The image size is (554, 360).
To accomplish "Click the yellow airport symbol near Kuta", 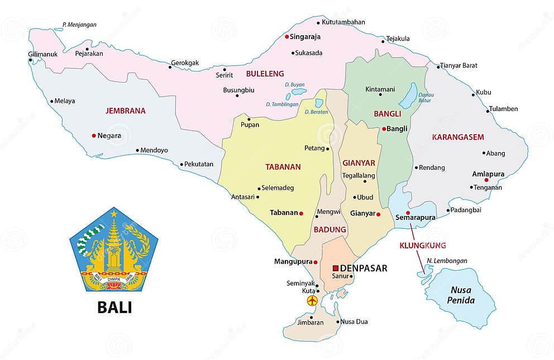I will (x=312, y=301).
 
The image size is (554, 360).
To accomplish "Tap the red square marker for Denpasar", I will (x=336, y=268).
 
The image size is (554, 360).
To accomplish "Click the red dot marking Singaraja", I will (x=286, y=37).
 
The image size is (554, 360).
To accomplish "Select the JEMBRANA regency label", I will (x=125, y=111).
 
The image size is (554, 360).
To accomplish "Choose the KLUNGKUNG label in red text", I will (x=423, y=245).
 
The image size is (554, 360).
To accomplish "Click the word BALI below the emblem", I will (x=114, y=307).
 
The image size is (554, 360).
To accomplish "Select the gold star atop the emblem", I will (x=114, y=213).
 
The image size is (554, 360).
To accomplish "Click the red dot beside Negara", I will (x=93, y=136).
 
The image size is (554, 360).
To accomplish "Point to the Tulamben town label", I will (x=503, y=109).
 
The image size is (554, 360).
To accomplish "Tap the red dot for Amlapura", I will (x=486, y=180).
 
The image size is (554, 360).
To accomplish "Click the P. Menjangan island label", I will (x=79, y=25).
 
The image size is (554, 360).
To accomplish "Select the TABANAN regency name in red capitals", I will (x=283, y=166).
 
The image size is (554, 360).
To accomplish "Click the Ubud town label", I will (x=365, y=197).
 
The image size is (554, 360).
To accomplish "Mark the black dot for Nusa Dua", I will (x=337, y=321).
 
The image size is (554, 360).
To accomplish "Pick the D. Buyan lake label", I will (x=294, y=85).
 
